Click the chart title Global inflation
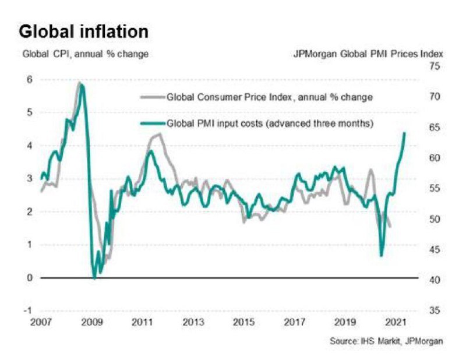click(83, 31)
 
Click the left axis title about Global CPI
click(86, 54)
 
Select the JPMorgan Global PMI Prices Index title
click(368, 54)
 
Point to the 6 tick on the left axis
click(30, 80)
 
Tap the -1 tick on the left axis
click(27, 310)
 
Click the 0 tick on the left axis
click(30, 278)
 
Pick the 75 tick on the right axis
click(435, 66)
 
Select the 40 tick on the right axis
click(435, 280)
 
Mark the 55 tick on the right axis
click(435, 188)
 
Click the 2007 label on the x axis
click(41, 322)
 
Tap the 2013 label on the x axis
click(193, 322)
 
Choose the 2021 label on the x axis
click(396, 322)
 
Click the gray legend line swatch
click(153, 97)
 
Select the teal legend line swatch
click(153, 123)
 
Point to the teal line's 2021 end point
click(404, 133)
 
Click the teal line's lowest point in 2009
click(94, 278)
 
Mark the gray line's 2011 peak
click(160, 134)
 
